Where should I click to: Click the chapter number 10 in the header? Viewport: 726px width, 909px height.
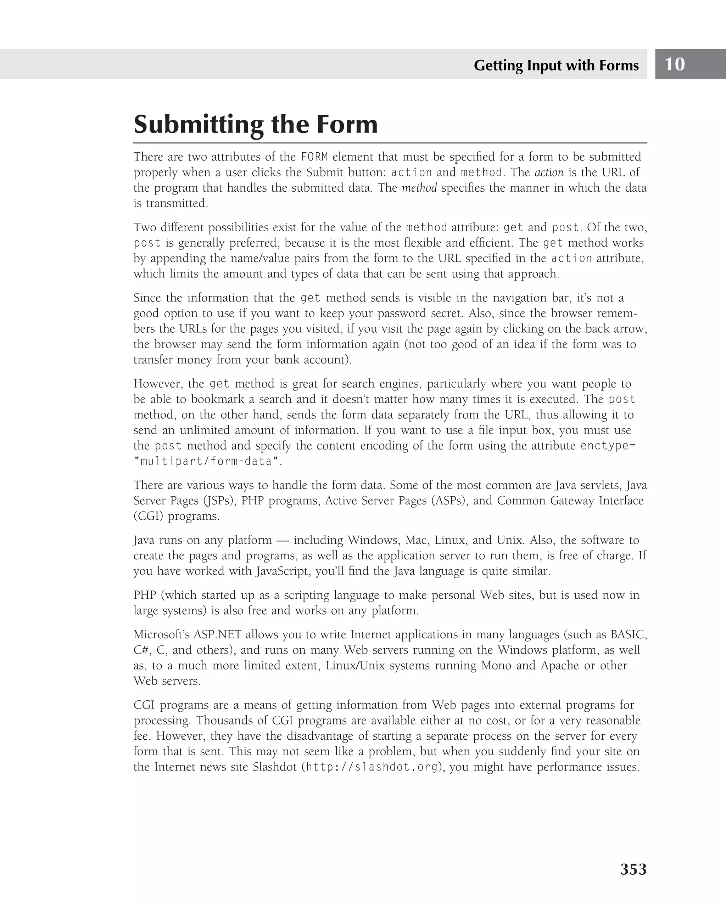click(x=675, y=64)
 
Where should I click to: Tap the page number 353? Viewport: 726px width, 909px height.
click(x=633, y=869)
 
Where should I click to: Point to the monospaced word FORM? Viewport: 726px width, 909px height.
click(x=314, y=157)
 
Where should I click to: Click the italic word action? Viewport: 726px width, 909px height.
click(x=549, y=173)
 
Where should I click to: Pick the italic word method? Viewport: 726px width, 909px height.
click(x=419, y=188)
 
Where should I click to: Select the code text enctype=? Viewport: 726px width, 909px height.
click(x=608, y=446)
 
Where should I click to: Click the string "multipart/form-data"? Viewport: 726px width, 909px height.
click(x=206, y=462)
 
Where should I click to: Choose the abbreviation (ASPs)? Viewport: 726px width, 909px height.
click(x=449, y=501)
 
